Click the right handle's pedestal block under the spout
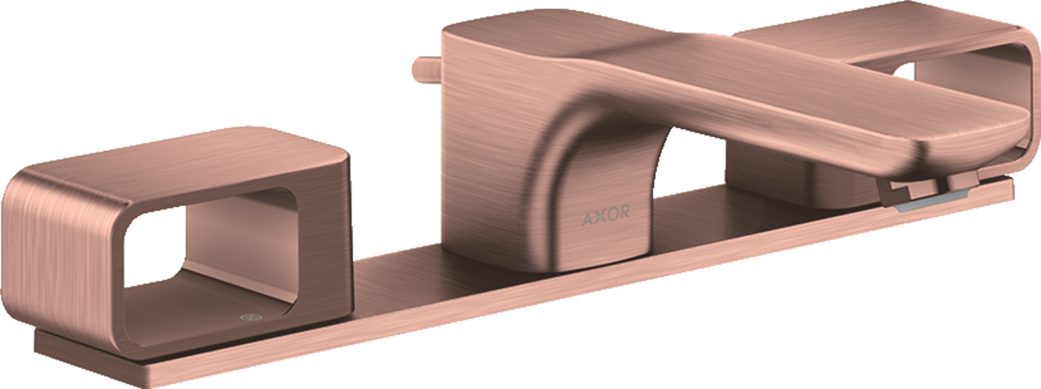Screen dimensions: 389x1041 click(798, 182)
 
